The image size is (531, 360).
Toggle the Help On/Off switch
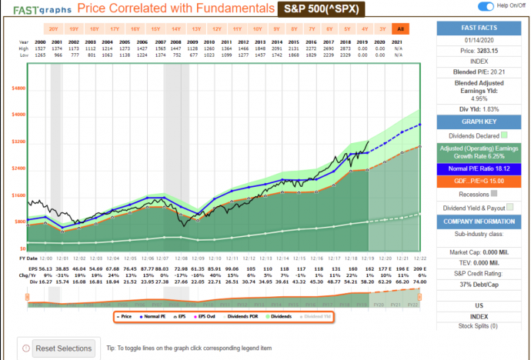486,7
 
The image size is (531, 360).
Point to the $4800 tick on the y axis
18,88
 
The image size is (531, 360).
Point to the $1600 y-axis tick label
18,195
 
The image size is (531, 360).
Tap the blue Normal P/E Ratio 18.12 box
483,168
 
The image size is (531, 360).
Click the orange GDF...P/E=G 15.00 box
483,181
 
